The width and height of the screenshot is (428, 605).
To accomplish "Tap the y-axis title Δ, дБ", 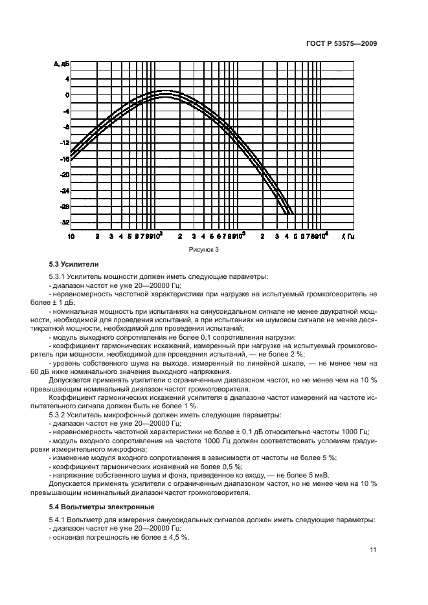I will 62,63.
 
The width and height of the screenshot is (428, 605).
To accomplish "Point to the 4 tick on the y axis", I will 66,78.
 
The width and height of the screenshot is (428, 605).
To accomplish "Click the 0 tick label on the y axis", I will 66,94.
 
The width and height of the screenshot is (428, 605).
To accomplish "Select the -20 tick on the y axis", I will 64,175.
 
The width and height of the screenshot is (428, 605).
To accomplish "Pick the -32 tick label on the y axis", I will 64,223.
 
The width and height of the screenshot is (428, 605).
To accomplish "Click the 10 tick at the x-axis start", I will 71,237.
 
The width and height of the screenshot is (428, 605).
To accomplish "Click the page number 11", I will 373,550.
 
